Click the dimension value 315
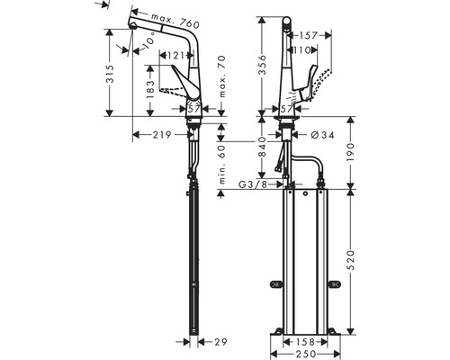tap(110, 74)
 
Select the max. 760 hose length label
tap(175, 22)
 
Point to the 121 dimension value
tap(175, 56)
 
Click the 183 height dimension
tap(151, 89)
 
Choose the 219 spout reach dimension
tap(162, 135)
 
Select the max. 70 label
tap(222, 76)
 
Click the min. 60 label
tap(222, 165)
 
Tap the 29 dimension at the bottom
tap(220, 342)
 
